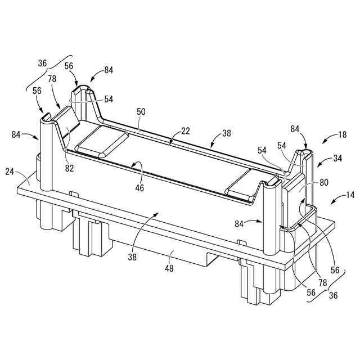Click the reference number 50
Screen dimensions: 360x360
(141, 112)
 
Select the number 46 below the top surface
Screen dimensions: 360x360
(139, 187)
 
